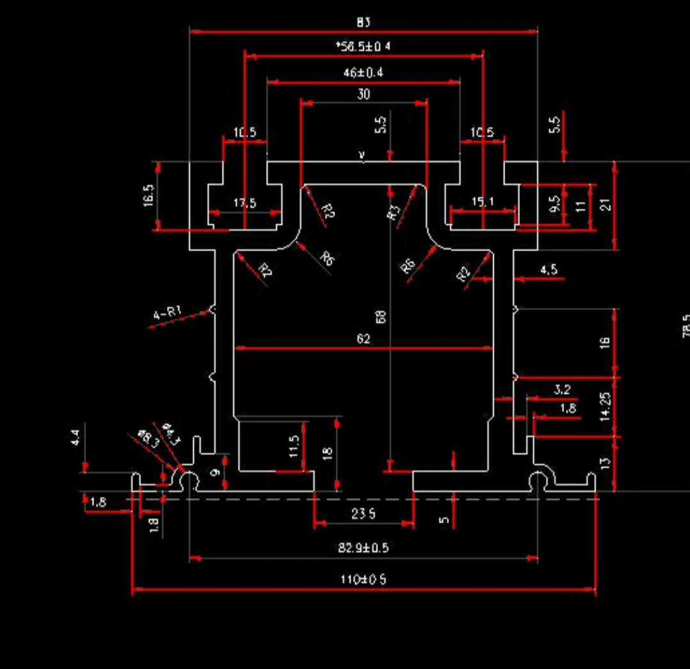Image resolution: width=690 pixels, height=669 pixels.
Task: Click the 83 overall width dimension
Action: [363, 22]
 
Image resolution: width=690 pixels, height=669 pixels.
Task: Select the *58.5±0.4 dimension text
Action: [363, 47]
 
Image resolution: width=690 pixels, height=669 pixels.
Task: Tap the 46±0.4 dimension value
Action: [363, 73]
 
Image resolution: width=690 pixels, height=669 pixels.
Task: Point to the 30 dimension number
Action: [363, 94]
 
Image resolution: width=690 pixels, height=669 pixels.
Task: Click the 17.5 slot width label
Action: [244, 203]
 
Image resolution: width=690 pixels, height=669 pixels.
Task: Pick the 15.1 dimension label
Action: [483, 202]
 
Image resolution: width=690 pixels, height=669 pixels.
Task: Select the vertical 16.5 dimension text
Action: [148, 196]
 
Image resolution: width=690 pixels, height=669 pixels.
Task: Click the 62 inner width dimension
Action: [363, 339]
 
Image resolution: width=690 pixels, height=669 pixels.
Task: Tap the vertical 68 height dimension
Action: [381, 316]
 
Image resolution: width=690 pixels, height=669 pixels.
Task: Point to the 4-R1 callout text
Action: [168, 313]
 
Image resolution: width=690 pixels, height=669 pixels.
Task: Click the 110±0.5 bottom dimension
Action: [363, 579]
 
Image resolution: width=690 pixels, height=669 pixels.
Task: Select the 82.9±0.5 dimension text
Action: [363, 548]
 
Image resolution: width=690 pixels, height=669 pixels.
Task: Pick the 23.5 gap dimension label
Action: [363, 513]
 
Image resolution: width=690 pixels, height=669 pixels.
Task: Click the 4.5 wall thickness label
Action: [549, 270]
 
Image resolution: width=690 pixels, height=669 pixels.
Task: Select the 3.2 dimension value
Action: [562, 389]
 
